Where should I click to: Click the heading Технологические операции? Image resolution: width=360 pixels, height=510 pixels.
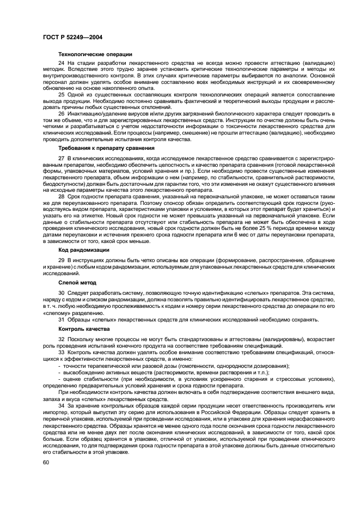(x=95, y=54)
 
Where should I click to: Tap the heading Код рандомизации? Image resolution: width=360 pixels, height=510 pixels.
(x=84, y=250)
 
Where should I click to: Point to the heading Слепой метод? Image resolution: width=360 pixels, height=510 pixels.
(x=77, y=283)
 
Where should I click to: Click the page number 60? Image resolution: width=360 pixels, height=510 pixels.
(x=46, y=463)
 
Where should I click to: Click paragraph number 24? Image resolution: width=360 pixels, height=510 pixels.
(x=62, y=64)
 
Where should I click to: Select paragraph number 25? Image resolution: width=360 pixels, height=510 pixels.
(x=62, y=95)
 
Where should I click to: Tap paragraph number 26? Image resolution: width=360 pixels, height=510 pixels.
(x=62, y=113)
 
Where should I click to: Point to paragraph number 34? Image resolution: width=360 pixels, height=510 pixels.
(x=62, y=406)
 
